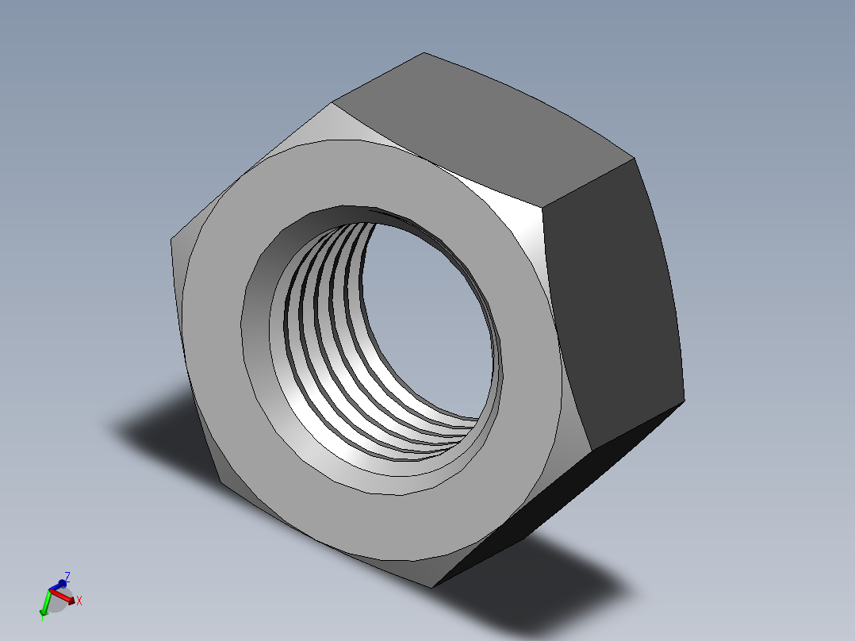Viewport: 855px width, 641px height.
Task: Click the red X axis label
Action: pos(79,601)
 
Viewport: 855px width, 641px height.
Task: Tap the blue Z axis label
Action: pos(67,577)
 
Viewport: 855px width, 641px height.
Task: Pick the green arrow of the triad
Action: pos(45,605)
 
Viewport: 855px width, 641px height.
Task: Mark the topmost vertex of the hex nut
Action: pos(424,53)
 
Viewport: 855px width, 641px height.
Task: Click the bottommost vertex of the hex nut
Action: pos(432,587)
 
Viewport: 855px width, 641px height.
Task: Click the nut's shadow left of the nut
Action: pos(159,432)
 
